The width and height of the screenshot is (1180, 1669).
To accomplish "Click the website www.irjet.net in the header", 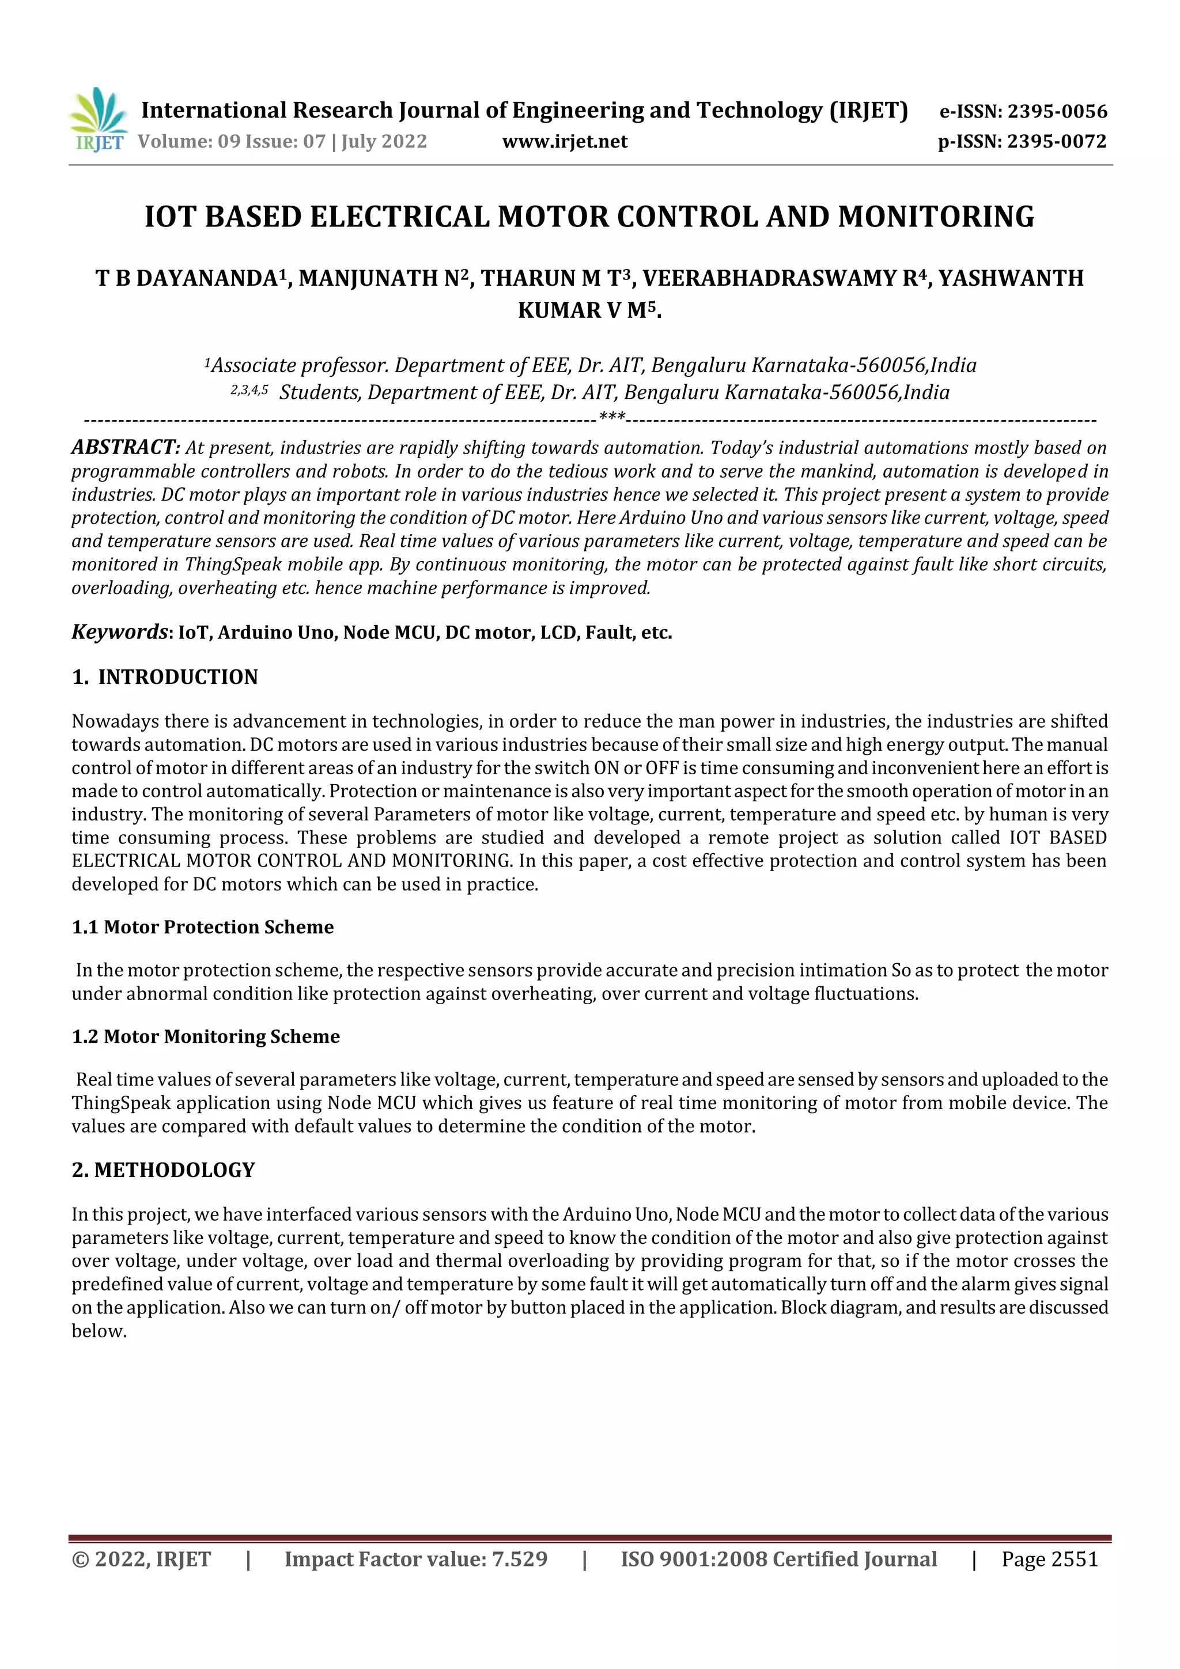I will pyautogui.click(x=564, y=141).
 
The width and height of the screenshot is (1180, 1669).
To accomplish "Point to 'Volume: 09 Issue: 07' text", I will pyautogui.click(x=231, y=141).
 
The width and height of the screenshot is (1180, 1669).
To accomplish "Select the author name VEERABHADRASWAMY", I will pyautogui.click(x=769, y=278).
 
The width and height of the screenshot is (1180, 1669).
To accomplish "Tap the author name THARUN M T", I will pyautogui.click(x=550, y=278).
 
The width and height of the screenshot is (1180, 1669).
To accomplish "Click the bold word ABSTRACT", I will pyautogui.click(x=125, y=447).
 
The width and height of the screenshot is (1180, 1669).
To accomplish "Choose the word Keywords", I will pyautogui.click(x=119, y=631).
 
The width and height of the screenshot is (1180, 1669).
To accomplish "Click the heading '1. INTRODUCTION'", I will pyautogui.click(x=165, y=677).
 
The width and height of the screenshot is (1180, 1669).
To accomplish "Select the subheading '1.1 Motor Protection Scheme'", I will pyautogui.click(x=203, y=927).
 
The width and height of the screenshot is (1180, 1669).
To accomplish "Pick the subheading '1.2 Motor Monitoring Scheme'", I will pyautogui.click(x=206, y=1036).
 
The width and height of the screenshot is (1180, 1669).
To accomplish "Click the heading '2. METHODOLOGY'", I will pyautogui.click(x=164, y=1170).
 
